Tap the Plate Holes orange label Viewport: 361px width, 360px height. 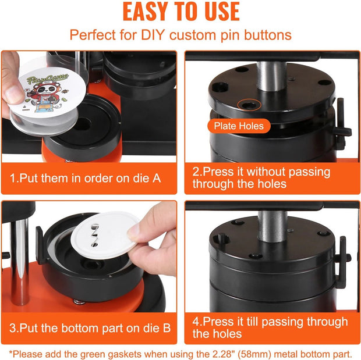tap(239, 126)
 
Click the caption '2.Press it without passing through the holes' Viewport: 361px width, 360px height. tap(261, 178)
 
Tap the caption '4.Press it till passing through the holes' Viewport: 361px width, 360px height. tap(270, 327)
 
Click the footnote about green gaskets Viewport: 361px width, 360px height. tap(180, 352)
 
